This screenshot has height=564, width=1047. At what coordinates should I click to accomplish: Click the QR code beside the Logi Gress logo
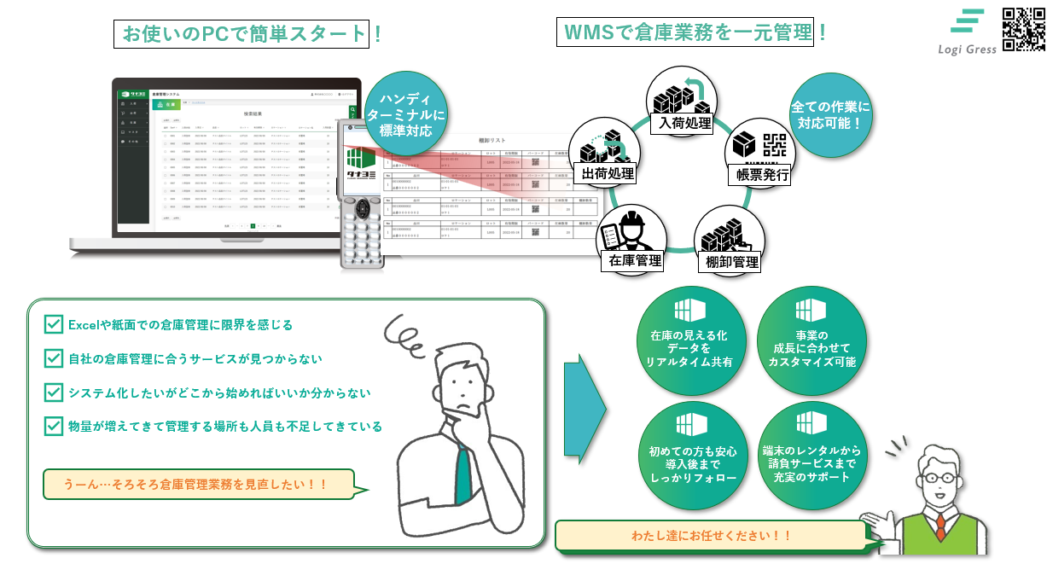tap(1023, 29)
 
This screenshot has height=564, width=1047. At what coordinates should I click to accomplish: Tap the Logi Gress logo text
tap(967, 49)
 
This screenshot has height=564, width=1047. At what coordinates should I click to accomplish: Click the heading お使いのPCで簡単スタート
tap(242, 34)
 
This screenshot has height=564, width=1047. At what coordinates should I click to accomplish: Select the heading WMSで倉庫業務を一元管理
tap(685, 32)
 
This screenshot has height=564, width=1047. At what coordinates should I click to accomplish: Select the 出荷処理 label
tap(608, 174)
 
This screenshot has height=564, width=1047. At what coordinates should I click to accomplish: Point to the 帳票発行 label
tap(759, 176)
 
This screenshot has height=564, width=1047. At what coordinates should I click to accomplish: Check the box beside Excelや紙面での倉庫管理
tap(53, 324)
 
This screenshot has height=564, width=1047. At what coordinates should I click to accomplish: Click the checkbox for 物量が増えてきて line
tap(53, 426)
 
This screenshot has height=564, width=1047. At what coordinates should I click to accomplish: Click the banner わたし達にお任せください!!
tap(711, 536)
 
